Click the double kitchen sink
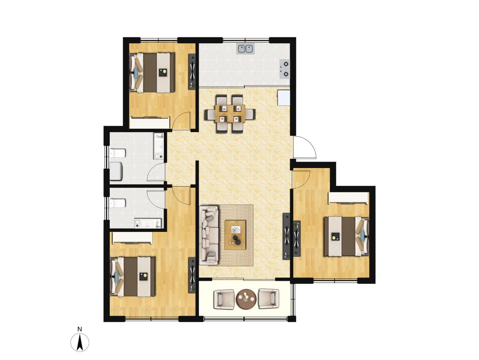tap(245, 49)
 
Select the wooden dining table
tap(230, 114)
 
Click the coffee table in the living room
tap(235, 235)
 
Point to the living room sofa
tap(209, 236)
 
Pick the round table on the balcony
tap(246, 299)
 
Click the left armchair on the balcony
tap(224, 299)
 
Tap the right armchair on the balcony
tap(268, 299)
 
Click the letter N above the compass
tap(80, 329)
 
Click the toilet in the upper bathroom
tap(117, 153)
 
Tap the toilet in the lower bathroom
tap(117, 203)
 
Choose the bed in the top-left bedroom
tap(152, 73)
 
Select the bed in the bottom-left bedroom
tap(132, 277)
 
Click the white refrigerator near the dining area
tap(284, 97)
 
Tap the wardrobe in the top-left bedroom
tap(150, 123)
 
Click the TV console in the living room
tap(286, 236)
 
